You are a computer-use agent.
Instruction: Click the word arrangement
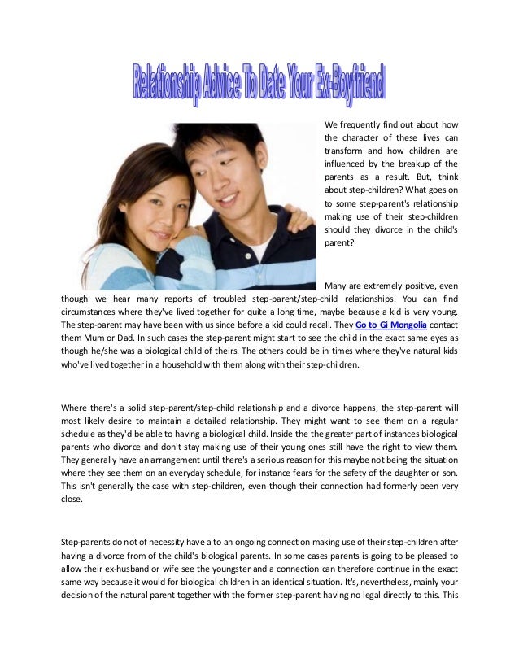(x=168, y=462)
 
